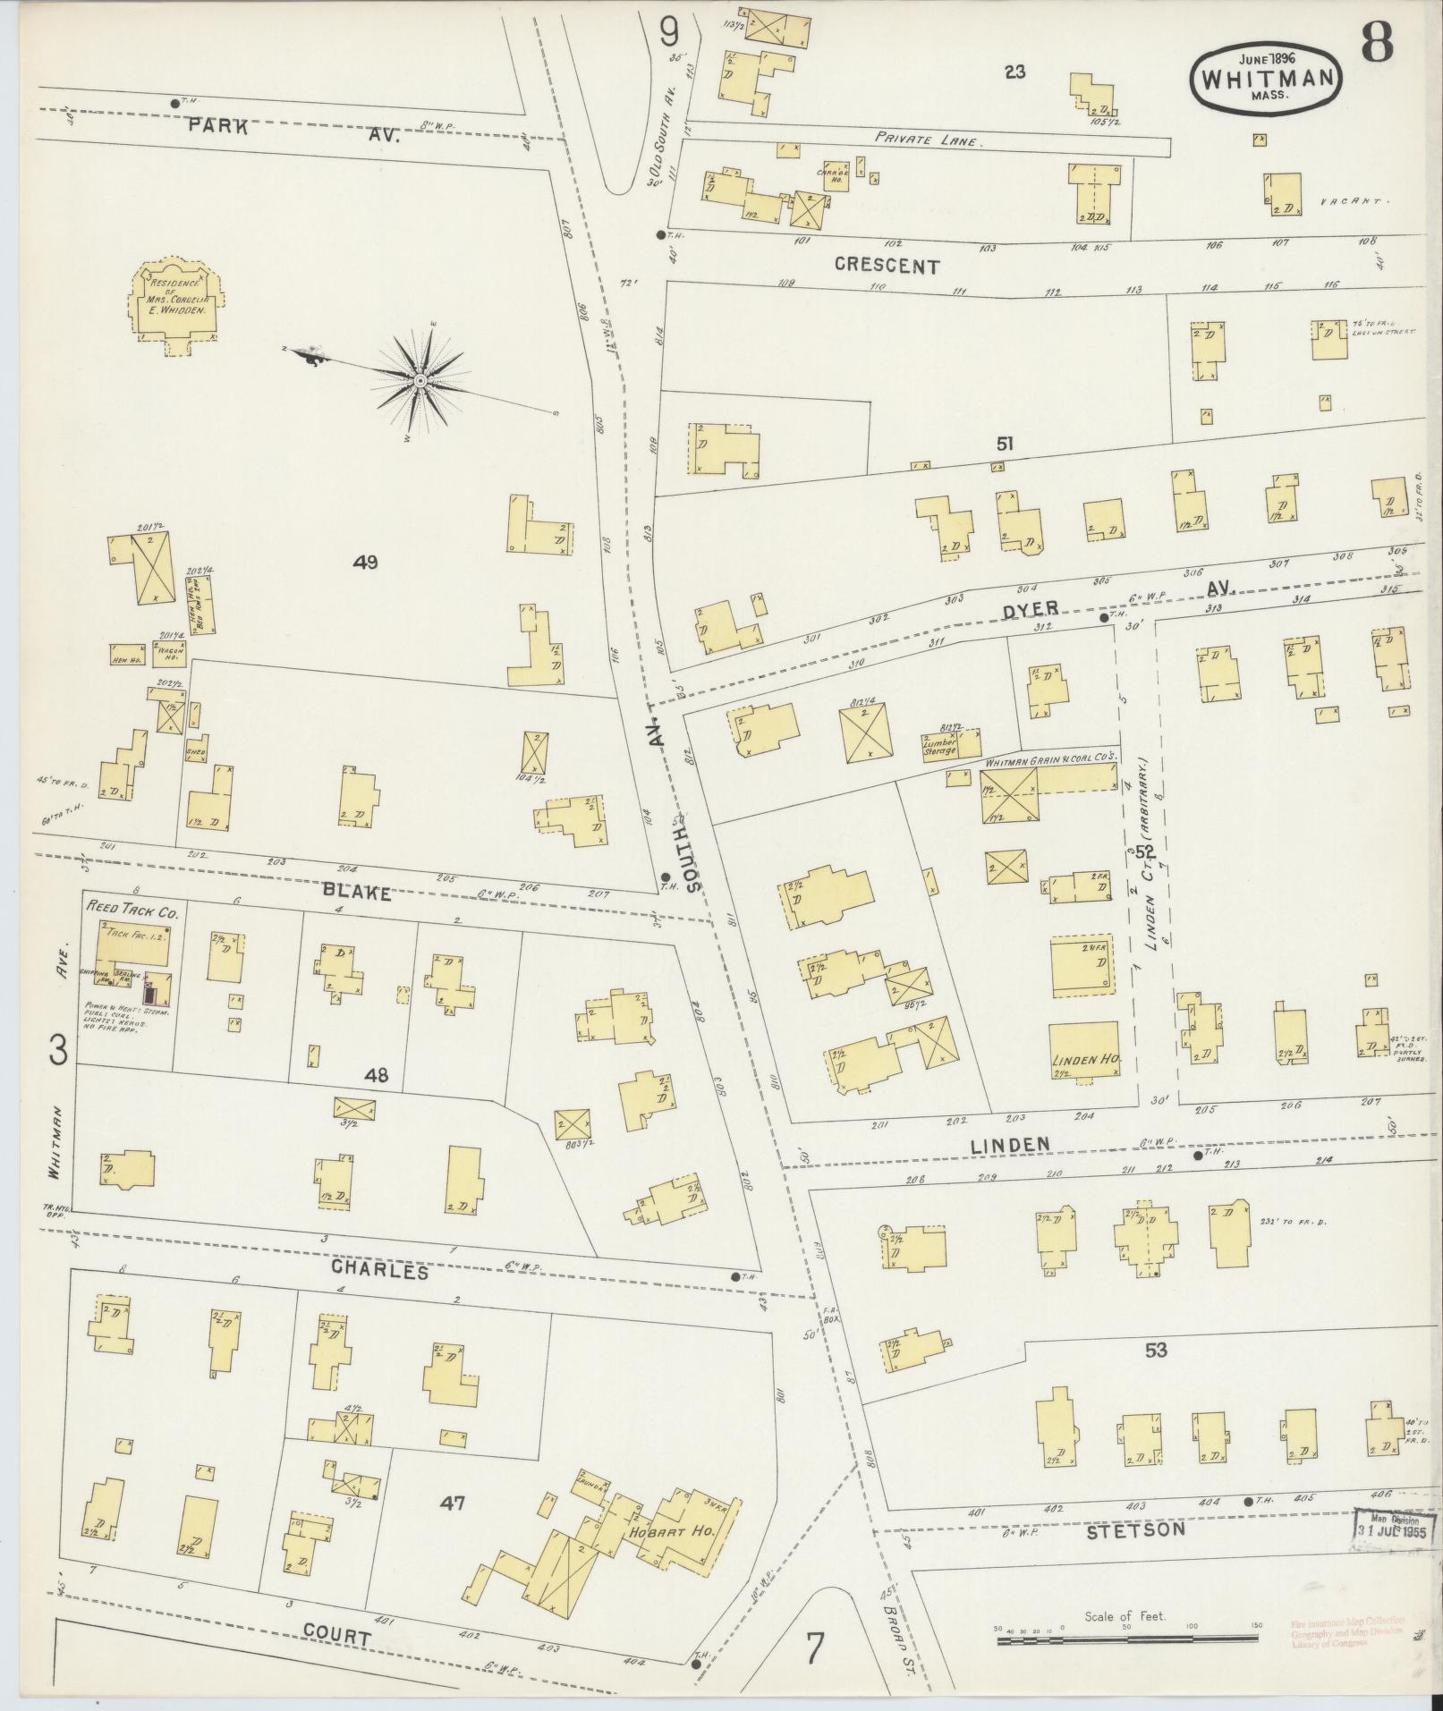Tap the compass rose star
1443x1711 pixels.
coord(420,382)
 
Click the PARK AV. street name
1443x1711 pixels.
coord(286,131)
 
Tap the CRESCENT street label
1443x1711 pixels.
coord(887,266)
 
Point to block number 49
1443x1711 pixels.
coord(365,563)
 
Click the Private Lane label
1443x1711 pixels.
coord(929,140)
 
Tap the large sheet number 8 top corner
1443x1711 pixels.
coord(1379,40)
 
